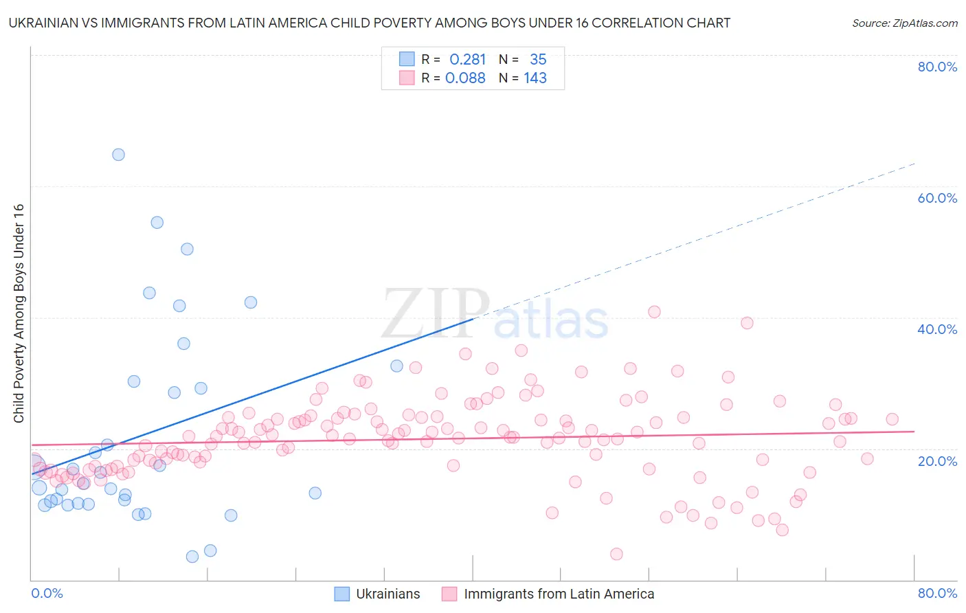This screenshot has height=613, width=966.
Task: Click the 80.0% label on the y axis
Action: coord(937,67)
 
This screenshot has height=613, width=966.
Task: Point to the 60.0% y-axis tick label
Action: coord(937,198)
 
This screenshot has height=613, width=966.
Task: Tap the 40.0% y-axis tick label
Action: coord(937,329)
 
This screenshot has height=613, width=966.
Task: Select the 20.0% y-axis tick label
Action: coord(937,461)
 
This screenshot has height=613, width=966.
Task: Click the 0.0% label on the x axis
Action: coord(47,593)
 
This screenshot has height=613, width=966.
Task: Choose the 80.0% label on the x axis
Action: coord(937,593)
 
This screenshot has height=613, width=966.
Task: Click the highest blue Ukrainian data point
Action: coord(118,155)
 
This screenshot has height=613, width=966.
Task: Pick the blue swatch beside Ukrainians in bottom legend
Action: coord(341,594)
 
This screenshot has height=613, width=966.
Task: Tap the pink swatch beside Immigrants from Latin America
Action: coord(449,594)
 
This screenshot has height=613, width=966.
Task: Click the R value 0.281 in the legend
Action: coord(467,60)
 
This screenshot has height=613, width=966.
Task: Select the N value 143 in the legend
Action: coord(535,78)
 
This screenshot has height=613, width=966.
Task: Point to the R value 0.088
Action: coord(465,78)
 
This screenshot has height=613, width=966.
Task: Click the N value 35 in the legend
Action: coord(538,60)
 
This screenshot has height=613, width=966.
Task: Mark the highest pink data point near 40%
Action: coord(654,312)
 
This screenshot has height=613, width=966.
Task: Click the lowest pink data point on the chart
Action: coord(616,554)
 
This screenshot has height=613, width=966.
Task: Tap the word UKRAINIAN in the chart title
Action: coord(49,23)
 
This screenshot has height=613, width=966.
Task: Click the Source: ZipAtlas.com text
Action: coord(904,23)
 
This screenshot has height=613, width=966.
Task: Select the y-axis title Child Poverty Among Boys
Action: coord(19,313)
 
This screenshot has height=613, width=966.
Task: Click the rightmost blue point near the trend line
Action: coord(396,366)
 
